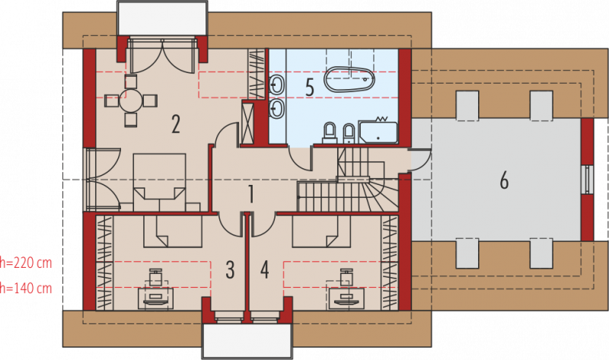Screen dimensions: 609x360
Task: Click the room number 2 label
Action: [x=176, y=124]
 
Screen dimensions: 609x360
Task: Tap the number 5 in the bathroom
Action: [x=310, y=88]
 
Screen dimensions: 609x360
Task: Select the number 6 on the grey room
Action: [x=504, y=180]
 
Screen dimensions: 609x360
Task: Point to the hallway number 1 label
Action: [x=251, y=194]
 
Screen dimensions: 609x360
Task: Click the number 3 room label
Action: [x=230, y=269]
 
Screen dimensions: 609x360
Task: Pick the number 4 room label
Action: [x=264, y=269]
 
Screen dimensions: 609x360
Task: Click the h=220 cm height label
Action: [x=26, y=263]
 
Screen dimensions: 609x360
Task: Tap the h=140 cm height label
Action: [x=26, y=288]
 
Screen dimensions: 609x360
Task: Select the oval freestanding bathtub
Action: [x=349, y=80]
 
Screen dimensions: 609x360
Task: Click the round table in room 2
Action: [x=131, y=100]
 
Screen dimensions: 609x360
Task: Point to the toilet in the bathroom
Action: [x=330, y=133]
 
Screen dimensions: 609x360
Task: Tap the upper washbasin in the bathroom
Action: [x=277, y=84]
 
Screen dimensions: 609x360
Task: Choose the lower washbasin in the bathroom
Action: [x=277, y=108]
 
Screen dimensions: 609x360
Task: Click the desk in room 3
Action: [x=156, y=298]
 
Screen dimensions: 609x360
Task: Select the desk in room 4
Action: [x=346, y=298]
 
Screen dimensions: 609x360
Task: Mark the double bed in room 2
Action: [x=159, y=183]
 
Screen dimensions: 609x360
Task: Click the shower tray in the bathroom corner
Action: [x=378, y=133]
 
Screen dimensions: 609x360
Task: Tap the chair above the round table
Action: [x=131, y=81]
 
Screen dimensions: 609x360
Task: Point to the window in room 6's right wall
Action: [x=589, y=179]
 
